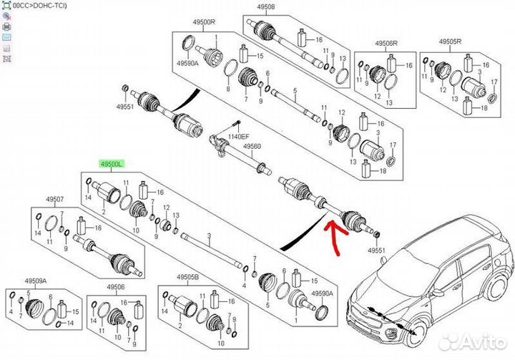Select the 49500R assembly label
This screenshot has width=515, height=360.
click(204, 22)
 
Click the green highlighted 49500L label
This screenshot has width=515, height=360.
click(112, 165)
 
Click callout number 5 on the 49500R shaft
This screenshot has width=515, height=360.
click(295, 92)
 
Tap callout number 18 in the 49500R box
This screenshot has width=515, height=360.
click(383, 172)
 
